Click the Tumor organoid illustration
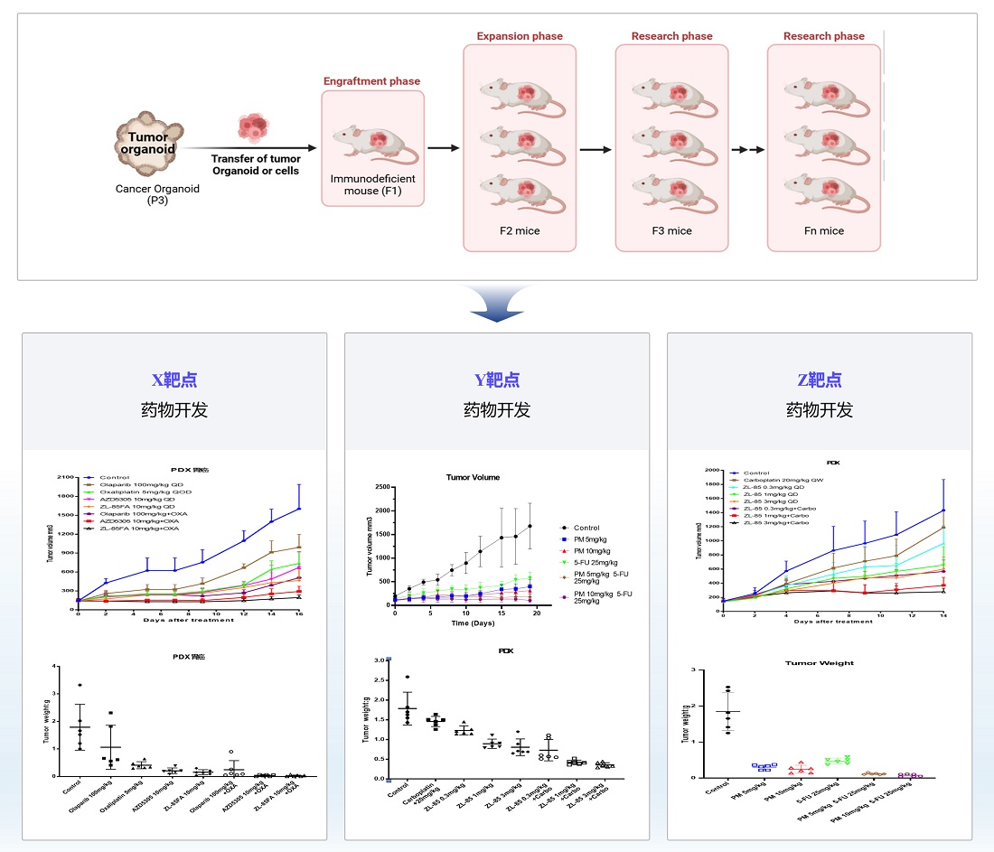tap(147, 145)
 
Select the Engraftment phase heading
tap(371, 81)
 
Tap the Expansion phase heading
tap(520, 36)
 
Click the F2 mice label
tap(520, 230)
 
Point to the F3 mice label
tap(671, 230)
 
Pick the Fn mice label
tap(823, 230)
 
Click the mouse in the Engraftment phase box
tap(371, 142)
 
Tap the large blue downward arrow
tap(496, 305)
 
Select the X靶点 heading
tap(174, 379)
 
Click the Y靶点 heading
tap(496, 379)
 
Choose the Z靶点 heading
tap(820, 379)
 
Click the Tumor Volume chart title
tap(473, 478)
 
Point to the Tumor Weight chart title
tap(819, 663)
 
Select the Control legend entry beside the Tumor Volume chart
tap(586, 528)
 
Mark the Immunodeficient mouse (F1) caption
tap(372, 184)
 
